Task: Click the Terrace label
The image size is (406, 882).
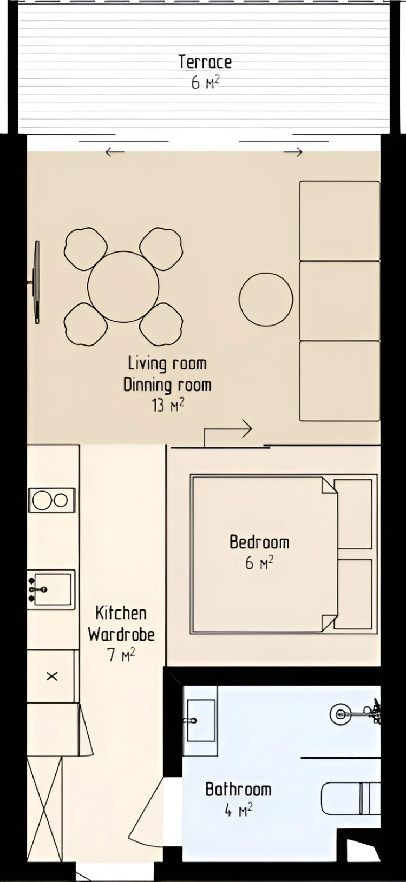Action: [205, 62]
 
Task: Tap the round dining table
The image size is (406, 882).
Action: [123, 287]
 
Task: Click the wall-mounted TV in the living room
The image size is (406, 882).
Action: [36, 282]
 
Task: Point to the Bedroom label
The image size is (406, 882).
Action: [259, 542]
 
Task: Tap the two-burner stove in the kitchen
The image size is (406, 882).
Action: [51, 500]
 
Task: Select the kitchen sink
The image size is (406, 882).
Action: [51, 589]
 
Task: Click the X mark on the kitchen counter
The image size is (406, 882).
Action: [52, 677]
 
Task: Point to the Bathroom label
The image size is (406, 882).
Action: [239, 789]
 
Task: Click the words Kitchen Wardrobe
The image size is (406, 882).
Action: [121, 624]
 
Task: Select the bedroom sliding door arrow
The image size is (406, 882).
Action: [228, 433]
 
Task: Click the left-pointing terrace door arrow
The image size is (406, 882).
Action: [115, 151]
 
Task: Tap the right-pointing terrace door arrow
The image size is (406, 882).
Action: [293, 151]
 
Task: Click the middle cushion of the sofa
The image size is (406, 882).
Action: [339, 301]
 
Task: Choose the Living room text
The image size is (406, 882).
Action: [167, 363]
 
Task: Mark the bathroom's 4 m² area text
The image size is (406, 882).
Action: [239, 810]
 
